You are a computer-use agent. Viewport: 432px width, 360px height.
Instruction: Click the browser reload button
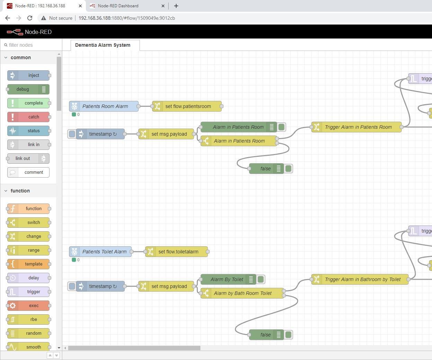tap(30, 18)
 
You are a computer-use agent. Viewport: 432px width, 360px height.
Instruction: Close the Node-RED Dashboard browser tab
tap(163, 6)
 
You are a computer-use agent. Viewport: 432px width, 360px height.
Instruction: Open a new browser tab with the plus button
tap(176, 6)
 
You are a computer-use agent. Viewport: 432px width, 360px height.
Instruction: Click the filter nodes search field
tap(31, 45)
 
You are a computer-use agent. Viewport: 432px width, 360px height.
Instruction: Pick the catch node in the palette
tap(28, 117)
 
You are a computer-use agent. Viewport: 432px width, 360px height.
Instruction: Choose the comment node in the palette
tap(28, 172)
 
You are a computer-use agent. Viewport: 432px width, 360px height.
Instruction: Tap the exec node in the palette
tap(28, 306)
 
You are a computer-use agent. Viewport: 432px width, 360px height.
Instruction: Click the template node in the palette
tap(28, 264)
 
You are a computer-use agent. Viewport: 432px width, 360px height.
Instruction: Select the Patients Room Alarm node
tap(104, 106)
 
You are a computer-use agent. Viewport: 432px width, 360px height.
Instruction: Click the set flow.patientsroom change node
tap(187, 106)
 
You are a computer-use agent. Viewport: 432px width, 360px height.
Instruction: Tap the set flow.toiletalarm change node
tap(177, 252)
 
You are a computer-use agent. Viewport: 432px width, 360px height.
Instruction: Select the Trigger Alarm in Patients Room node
tap(357, 127)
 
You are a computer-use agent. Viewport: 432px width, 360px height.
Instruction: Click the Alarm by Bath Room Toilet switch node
tap(242, 293)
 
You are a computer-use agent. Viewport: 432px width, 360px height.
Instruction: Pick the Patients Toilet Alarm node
tap(100, 252)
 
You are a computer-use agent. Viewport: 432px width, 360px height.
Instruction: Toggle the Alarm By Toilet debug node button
tap(261, 279)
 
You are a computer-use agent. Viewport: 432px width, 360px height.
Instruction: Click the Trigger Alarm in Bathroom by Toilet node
tap(360, 279)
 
